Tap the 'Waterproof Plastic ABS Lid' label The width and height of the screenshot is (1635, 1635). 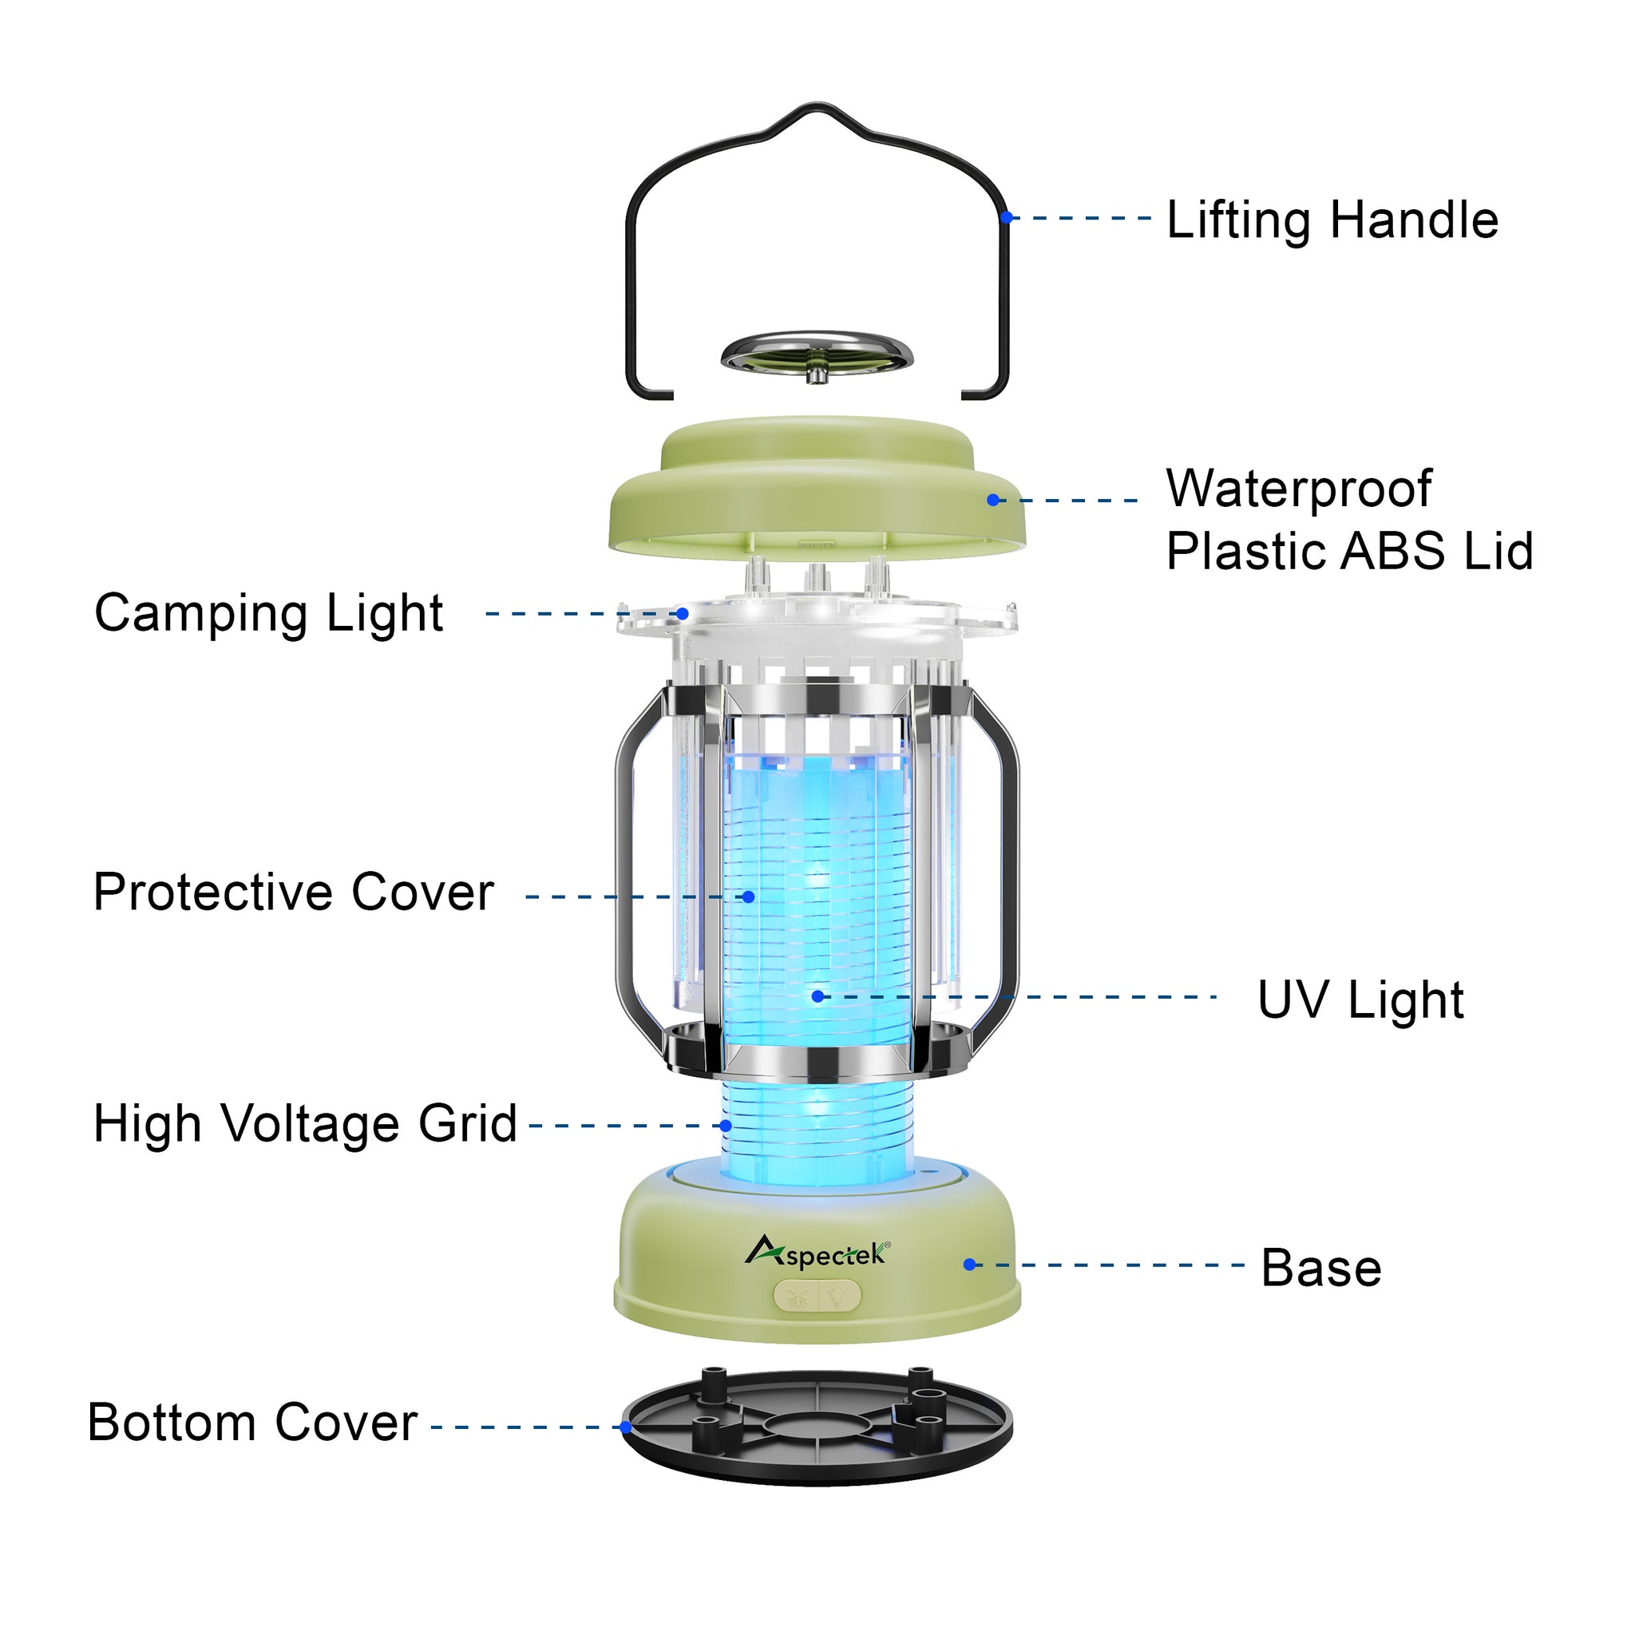point(1349,520)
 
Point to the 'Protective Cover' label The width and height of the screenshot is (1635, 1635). point(293,893)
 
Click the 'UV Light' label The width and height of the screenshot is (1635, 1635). point(1360,1000)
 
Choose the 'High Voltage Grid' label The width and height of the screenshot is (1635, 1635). point(305,1124)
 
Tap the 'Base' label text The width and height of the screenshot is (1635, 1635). point(1320,1268)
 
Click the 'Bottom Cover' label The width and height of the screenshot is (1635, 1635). point(252,1423)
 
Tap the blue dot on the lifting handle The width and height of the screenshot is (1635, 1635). point(1006,217)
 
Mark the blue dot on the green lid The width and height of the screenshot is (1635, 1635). point(992,500)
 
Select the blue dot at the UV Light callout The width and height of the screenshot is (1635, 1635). point(817,996)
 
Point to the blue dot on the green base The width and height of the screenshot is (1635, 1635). point(970,1265)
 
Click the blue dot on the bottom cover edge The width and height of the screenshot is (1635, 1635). point(625,1427)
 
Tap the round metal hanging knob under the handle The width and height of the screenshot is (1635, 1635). point(817,355)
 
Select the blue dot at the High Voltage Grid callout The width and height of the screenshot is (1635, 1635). point(725,1126)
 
